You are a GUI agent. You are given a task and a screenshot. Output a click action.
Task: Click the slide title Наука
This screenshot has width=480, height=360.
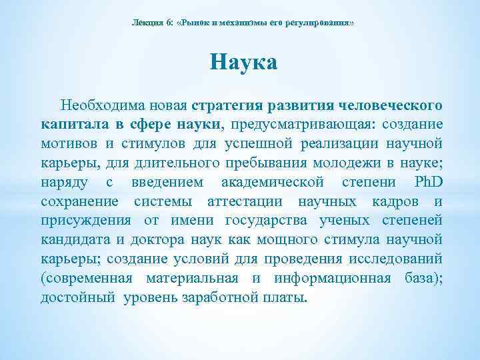pos(243,63)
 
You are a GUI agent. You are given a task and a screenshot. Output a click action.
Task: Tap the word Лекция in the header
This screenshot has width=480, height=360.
pos(146,23)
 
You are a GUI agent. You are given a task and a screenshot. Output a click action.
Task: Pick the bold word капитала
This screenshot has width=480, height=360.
pos(72,125)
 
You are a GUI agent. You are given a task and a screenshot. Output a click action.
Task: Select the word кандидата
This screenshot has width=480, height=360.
pos(73,240)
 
